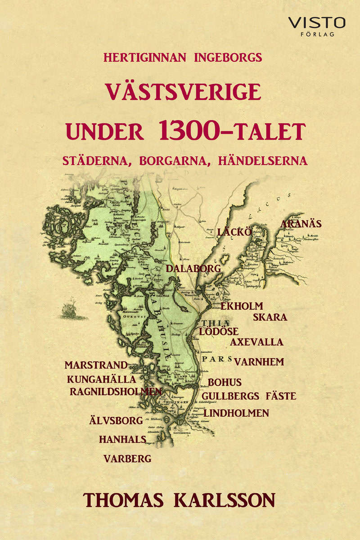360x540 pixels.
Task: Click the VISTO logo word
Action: (316, 22)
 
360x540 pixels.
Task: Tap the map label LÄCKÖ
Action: (233, 232)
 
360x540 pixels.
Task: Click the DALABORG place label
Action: (193, 269)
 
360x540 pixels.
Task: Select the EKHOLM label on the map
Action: (241, 306)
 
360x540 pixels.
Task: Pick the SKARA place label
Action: (270, 317)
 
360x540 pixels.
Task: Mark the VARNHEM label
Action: (259, 362)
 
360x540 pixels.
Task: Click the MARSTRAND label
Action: (96, 365)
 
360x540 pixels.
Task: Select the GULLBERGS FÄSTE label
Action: (249, 396)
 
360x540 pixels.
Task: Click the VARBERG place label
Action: (127, 459)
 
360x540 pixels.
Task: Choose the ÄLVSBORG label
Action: (115, 421)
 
